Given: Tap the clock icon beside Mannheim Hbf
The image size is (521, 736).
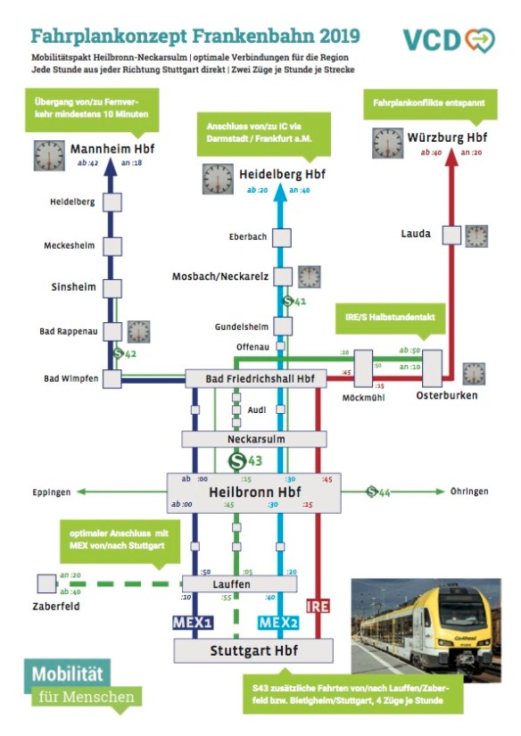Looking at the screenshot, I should point(49,155).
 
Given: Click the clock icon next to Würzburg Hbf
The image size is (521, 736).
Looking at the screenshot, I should point(387,144).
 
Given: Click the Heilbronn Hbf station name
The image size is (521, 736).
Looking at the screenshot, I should point(254,492).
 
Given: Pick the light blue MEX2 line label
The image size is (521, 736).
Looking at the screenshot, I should point(277,622).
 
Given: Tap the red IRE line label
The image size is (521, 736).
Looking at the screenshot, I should point(318,607).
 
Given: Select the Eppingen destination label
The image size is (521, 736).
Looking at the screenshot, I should point(51,492).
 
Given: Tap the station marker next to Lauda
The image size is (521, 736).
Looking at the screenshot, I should point(451,236).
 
